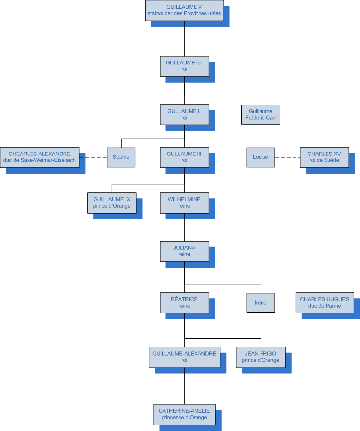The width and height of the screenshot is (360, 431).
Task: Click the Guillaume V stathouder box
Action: tap(184, 10)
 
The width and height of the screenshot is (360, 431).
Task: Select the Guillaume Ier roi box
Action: tap(184, 66)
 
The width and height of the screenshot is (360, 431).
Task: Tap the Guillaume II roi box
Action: tap(184, 114)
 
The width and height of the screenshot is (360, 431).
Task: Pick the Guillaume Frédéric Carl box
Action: tap(261, 114)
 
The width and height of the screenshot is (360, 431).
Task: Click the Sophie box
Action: tap(121, 157)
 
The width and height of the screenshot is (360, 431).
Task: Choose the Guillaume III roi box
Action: tap(184, 157)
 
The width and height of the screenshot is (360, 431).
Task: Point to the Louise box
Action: tap(261, 157)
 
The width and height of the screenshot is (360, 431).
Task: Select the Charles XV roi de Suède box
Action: tap(325, 157)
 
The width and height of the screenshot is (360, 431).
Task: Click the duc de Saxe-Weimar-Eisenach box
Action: tap(39, 157)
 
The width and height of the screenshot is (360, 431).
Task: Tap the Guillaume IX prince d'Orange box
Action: tap(112, 202)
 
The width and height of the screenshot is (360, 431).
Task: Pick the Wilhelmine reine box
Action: tap(184, 202)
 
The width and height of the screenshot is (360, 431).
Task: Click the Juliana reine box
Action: tap(184, 251)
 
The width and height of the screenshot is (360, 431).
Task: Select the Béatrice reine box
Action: tap(184, 302)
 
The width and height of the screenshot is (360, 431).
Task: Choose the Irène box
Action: tap(261, 302)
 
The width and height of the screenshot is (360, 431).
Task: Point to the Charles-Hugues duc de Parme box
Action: tap(325, 302)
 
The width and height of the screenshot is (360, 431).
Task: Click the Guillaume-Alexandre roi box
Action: tap(184, 357)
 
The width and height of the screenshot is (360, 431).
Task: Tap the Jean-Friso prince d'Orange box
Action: tap(261, 357)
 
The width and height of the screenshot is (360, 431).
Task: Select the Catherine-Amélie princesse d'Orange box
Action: tap(184, 414)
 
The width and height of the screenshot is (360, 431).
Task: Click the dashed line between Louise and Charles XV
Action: tap(287, 157)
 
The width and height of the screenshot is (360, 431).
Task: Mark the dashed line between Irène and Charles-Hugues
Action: tap(285, 303)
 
